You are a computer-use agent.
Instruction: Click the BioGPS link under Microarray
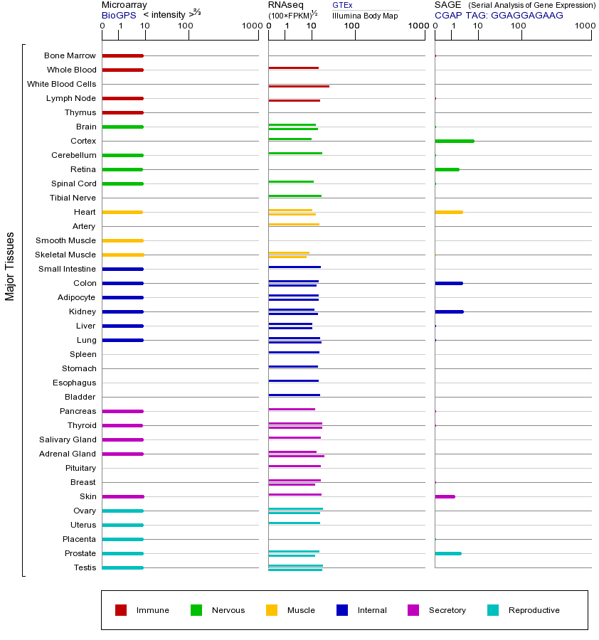coord(117,15)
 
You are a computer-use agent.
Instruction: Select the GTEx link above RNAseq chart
coord(342,5)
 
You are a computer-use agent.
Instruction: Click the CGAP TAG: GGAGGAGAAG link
coord(499,15)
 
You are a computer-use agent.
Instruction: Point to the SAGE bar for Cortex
coord(454,141)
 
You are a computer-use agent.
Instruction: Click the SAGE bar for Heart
coord(448,212)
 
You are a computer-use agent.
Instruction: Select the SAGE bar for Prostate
coord(447,553)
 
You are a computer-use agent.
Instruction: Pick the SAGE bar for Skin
coord(445,496)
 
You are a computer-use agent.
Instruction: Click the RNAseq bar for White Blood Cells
coord(299,86)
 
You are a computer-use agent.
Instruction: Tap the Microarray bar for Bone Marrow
coord(122,55)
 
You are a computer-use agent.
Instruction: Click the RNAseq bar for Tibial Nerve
coord(295,196)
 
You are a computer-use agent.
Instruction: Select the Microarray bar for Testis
coord(122,567)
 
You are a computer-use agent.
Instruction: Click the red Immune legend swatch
coord(121,610)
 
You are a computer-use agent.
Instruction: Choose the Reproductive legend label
coord(534,610)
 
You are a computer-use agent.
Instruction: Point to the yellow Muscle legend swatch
coord(272,610)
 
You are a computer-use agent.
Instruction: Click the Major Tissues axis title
coord(10,266)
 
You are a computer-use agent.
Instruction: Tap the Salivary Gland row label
coord(68,439)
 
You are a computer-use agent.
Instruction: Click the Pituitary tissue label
coord(80,468)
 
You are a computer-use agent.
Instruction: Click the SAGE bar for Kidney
coord(449,311)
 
